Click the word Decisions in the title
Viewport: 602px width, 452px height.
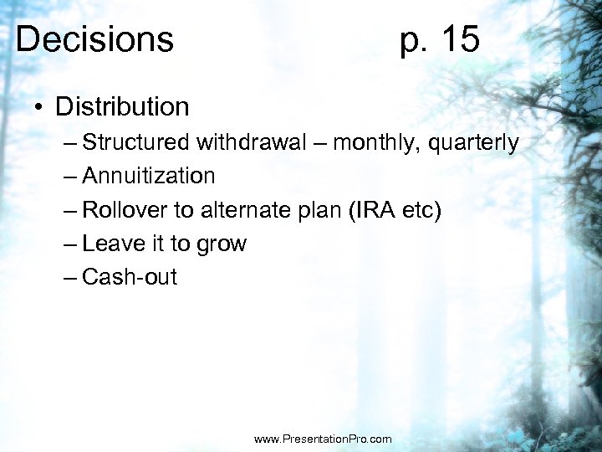(x=94, y=39)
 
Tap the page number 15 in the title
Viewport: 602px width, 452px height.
(x=458, y=39)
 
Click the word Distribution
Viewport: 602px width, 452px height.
(x=123, y=107)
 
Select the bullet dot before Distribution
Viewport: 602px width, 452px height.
(x=38, y=107)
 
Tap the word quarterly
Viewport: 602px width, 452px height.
(x=473, y=143)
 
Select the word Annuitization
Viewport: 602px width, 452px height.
(x=149, y=176)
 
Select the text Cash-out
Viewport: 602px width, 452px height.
(x=130, y=277)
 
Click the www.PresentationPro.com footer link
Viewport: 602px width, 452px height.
(x=322, y=439)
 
